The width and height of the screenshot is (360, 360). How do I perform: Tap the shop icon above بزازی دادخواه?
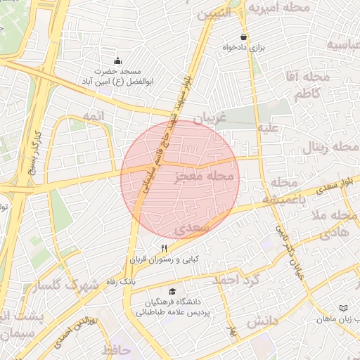click(243, 37)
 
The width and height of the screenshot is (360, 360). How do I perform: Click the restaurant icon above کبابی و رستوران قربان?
click(165, 248)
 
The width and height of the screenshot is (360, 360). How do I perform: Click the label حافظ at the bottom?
click(117, 349)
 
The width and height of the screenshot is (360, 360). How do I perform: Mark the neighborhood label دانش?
click(264, 320)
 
